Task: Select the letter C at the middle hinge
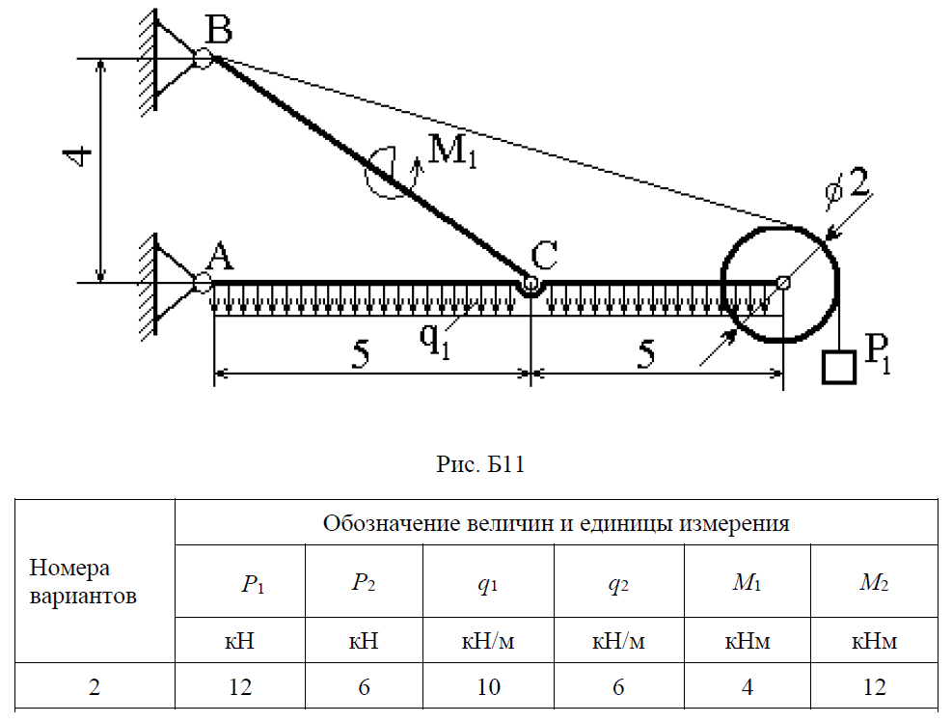[x=544, y=256]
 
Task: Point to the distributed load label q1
[x=435, y=339]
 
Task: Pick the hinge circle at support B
[x=202, y=58]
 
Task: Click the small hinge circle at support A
[x=202, y=283]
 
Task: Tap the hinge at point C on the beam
[x=530, y=286]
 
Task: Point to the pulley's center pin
[x=783, y=283]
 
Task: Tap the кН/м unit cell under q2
[x=618, y=642]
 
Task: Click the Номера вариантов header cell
[x=83, y=581]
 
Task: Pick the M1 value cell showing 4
[x=748, y=688]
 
